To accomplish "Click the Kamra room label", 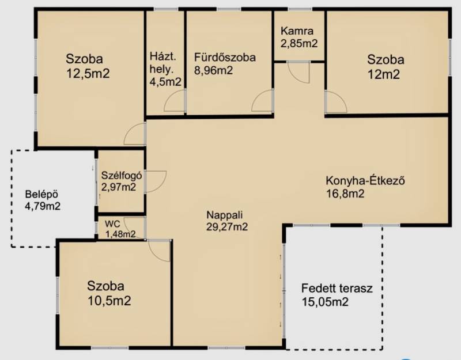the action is point(297,31).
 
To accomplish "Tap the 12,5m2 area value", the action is point(88,73).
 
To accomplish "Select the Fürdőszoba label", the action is point(225,57).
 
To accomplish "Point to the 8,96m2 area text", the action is point(213,70).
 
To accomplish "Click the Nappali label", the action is point(225,215).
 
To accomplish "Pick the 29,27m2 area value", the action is point(227,227).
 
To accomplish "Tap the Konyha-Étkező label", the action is point(365,180).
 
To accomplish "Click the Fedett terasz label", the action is point(337,288).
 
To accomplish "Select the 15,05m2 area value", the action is point(325,302).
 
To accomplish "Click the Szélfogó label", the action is point(122,176).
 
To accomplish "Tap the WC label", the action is point(112,224).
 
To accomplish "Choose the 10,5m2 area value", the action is point(109,301).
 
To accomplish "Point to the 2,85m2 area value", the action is point(299,44).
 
